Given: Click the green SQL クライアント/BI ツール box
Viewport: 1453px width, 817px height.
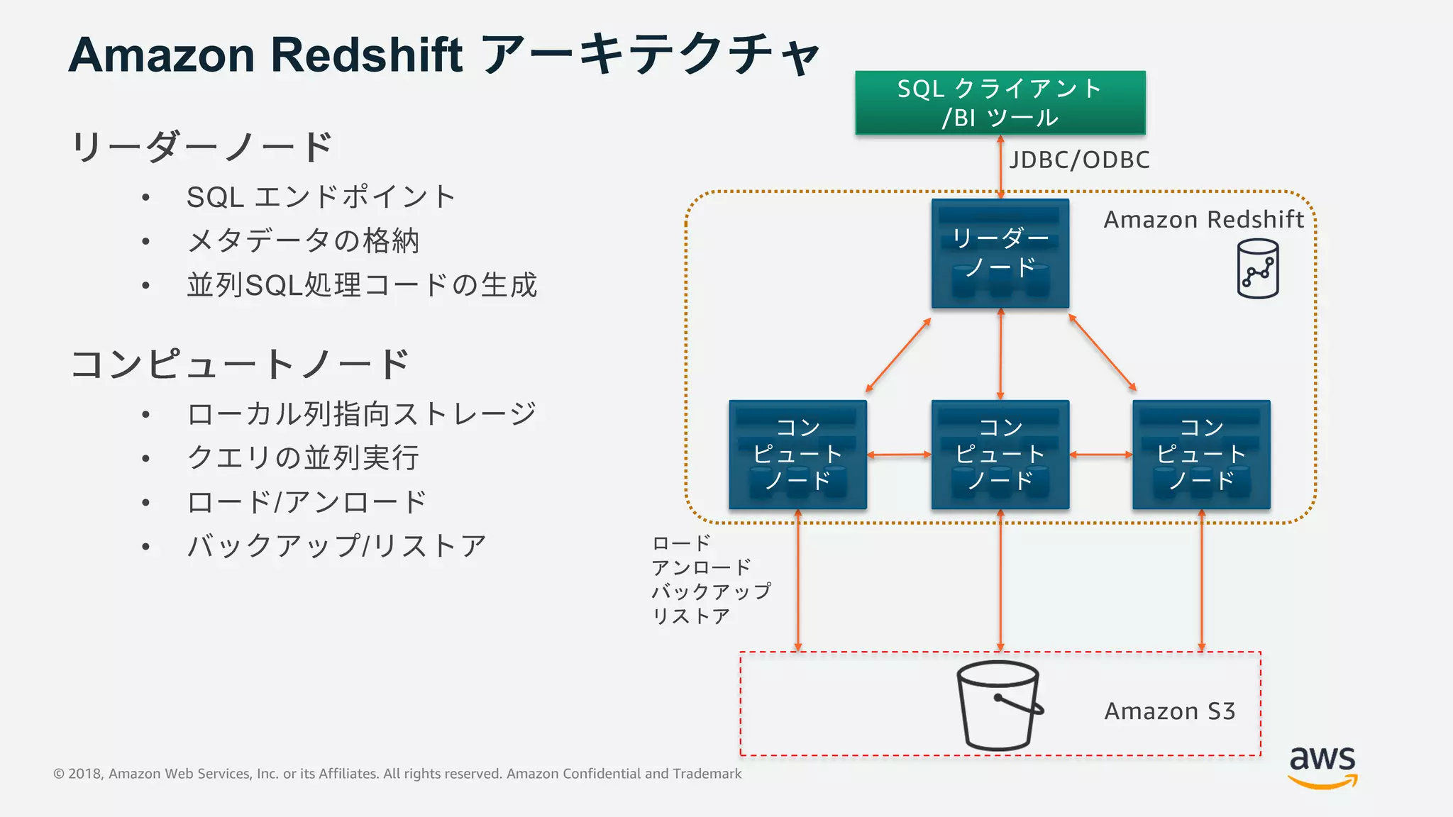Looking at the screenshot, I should click(1000, 103).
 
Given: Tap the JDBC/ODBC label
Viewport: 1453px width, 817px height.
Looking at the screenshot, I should click(1079, 160).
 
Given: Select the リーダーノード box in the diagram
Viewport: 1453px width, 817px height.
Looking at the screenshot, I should click(1000, 254).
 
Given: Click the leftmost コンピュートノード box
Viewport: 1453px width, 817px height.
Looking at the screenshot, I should click(797, 455).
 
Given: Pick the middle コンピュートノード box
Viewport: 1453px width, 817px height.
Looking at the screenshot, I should click(1000, 455).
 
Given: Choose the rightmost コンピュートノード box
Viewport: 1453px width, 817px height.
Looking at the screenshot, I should click(1201, 455).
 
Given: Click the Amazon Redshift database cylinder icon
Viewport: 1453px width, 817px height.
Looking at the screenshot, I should click(1257, 269).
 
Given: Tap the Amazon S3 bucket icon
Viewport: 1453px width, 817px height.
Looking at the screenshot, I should click(998, 705).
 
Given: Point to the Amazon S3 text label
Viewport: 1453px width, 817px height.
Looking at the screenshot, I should click(1169, 711).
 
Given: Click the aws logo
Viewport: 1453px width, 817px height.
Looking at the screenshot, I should click(1322, 766).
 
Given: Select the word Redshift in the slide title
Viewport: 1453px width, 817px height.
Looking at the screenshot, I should click(366, 55).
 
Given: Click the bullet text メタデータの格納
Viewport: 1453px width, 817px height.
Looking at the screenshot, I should click(303, 241).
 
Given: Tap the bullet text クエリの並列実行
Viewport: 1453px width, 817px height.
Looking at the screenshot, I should click(303, 458).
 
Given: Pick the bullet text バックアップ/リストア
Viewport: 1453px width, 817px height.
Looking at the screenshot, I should click(336, 546).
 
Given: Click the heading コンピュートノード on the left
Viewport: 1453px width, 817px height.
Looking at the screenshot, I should click(240, 365).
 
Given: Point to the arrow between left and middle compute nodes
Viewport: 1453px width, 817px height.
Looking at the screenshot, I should click(899, 455).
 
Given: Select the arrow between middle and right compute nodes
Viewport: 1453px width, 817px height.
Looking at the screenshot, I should click(1100, 455).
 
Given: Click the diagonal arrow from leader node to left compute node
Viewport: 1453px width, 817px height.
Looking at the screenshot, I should click(898, 355).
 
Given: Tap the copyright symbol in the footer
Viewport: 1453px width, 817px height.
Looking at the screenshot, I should click(59, 774).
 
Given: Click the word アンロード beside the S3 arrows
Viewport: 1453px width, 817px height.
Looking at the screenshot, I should click(701, 567).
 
